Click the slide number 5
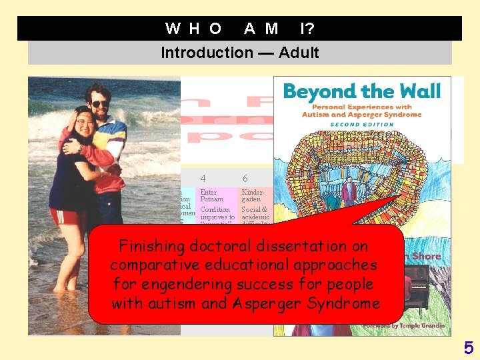469,347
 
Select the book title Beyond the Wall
362,91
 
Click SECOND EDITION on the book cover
362,123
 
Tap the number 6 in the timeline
245,178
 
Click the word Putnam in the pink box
212,199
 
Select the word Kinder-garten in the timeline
251,196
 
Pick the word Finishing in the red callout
147,246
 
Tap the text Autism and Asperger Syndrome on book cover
362,115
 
